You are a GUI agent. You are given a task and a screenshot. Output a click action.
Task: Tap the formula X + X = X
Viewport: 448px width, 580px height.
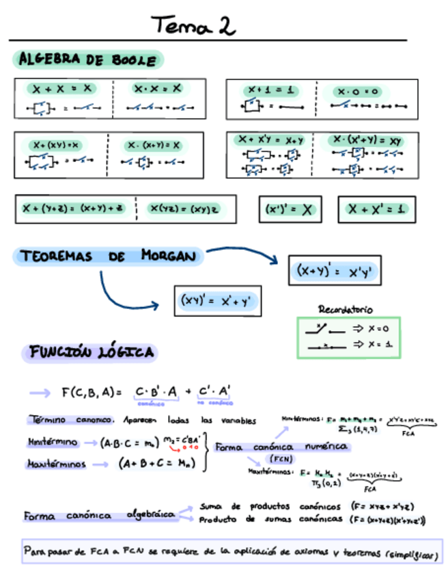tap(61, 89)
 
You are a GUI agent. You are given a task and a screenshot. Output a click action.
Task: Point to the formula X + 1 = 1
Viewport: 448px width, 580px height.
tap(270, 90)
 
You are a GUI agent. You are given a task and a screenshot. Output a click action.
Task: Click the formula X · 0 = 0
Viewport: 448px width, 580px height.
tap(356, 91)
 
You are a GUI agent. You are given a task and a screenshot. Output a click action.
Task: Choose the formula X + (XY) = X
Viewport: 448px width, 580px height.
tap(55, 145)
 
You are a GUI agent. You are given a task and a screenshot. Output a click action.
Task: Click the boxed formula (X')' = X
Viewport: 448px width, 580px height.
tap(288, 210)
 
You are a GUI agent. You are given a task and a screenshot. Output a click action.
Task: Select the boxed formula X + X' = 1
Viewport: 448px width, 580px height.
tap(376, 209)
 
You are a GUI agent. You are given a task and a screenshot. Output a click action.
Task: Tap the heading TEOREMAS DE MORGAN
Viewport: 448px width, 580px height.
tap(109, 257)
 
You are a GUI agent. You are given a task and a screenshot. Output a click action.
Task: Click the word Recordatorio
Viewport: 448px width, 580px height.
tap(346, 310)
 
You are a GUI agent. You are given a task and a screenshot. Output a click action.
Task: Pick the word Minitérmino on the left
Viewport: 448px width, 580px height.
tap(53, 442)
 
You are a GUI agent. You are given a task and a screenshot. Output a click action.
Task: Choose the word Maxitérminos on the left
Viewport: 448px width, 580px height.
tap(57, 464)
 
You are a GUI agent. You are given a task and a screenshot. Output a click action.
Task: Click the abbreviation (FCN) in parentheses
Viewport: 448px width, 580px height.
tap(280, 458)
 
